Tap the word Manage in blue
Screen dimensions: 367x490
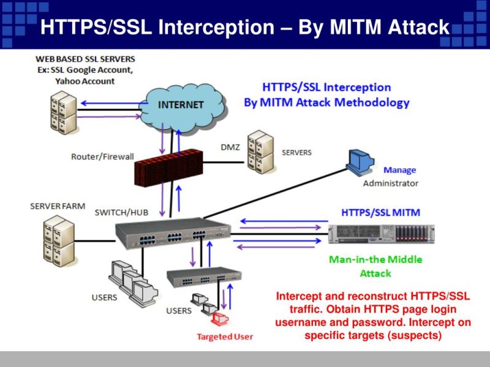399,170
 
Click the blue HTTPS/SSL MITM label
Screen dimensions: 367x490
380,212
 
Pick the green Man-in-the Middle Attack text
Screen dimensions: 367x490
375,266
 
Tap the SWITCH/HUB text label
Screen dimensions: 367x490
121,212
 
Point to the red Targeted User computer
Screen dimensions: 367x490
219,318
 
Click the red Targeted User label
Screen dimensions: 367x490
224,336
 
